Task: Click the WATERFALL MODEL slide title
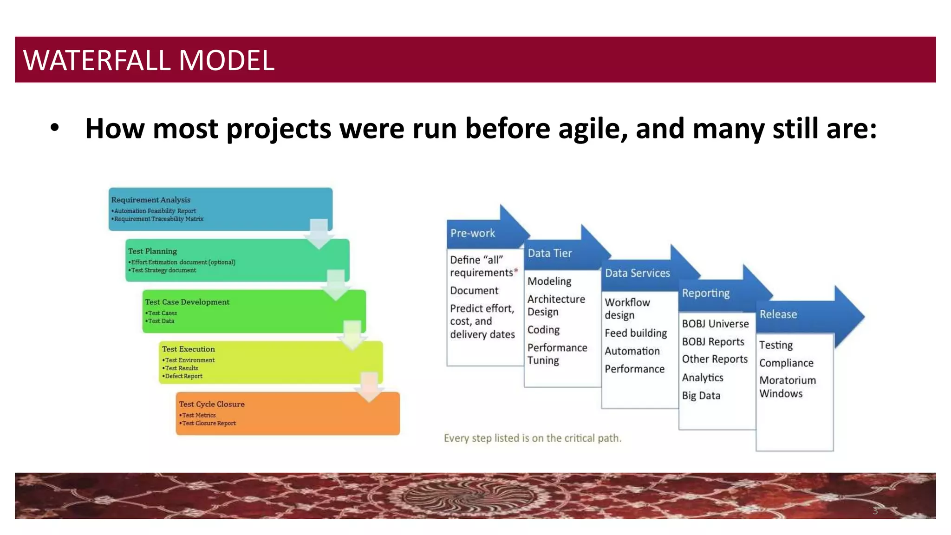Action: pyautogui.click(x=149, y=60)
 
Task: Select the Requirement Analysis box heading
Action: pyautogui.click(x=151, y=200)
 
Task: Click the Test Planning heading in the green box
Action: pyautogui.click(x=153, y=251)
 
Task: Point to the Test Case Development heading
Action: pyautogui.click(x=187, y=302)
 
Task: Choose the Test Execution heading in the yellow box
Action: pyautogui.click(x=189, y=349)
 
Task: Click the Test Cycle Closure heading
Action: pyautogui.click(x=212, y=404)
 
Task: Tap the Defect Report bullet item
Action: pyautogui.click(x=184, y=376)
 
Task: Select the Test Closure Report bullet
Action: pyautogui.click(x=209, y=423)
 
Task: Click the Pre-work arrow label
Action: pyautogui.click(x=473, y=233)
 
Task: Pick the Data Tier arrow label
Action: pyautogui.click(x=550, y=253)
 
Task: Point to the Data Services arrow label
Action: pyautogui.click(x=637, y=273)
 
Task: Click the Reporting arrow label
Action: pyautogui.click(x=706, y=293)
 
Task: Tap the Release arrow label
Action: pyautogui.click(x=778, y=314)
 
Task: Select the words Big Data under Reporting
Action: pyautogui.click(x=701, y=396)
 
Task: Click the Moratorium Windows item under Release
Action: pyautogui.click(x=787, y=387)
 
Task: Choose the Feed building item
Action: pyautogui.click(x=636, y=333)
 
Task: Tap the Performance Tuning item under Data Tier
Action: pyautogui.click(x=557, y=354)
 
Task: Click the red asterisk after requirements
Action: pyautogui.click(x=516, y=270)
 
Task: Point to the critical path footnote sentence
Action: pyautogui.click(x=532, y=438)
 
